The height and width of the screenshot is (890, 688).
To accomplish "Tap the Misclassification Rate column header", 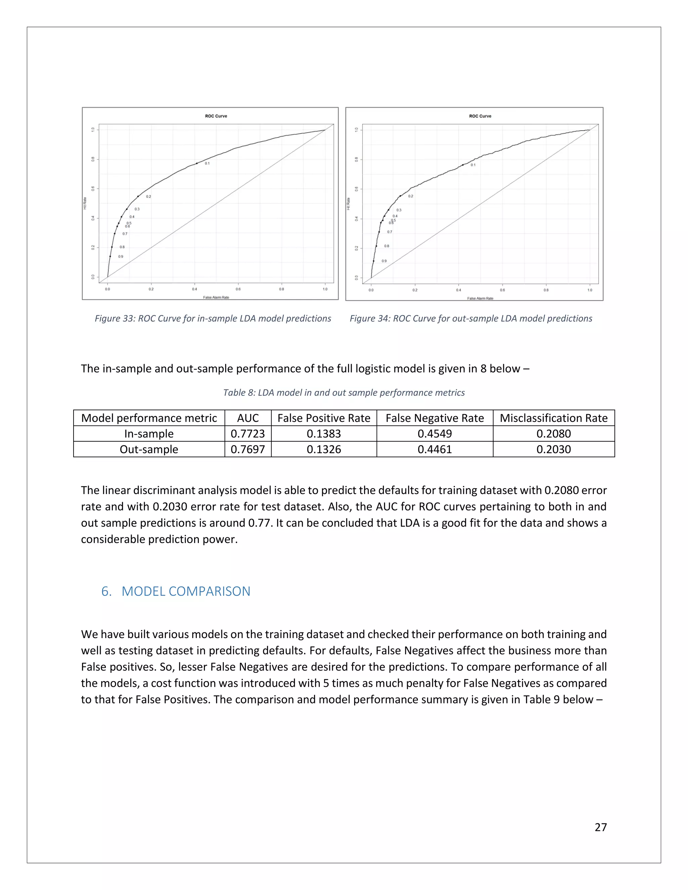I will [x=554, y=418].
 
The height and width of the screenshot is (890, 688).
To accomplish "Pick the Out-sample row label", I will [x=149, y=449].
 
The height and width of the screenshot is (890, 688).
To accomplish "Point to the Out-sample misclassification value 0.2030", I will [x=554, y=449].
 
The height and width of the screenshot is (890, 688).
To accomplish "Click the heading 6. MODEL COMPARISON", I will [x=176, y=591].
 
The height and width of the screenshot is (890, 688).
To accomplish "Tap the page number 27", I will [x=600, y=827].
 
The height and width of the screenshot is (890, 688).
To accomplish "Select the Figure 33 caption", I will [x=213, y=318].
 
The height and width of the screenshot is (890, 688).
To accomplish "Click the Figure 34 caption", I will [x=471, y=318].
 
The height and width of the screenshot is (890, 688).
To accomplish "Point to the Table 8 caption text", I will [x=344, y=392].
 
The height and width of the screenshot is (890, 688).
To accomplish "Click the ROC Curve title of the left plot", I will [x=216, y=116].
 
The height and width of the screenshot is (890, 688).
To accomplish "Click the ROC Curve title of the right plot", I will [x=480, y=116].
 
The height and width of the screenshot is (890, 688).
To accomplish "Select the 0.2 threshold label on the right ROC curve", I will [x=411, y=196].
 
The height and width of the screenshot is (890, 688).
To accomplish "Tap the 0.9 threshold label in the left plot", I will [x=121, y=257].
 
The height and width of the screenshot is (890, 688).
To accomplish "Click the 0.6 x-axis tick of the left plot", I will [x=238, y=289].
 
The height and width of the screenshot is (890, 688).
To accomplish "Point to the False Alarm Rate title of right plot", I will [x=480, y=298].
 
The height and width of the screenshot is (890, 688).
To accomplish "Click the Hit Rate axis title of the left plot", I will [x=85, y=203].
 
